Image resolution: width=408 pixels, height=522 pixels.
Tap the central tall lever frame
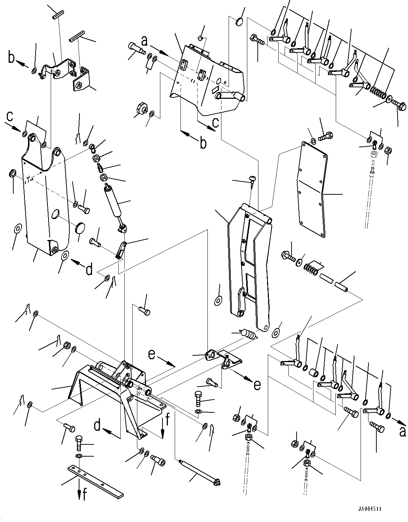coord(248,266)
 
